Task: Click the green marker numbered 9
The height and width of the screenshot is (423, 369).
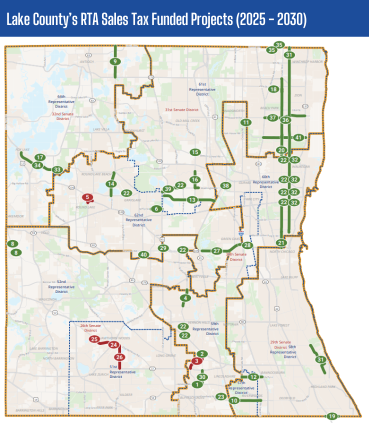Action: pos(115,61)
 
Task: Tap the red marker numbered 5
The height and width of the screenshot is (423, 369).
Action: pos(87,197)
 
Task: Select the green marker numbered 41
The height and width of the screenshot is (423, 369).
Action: pos(298,137)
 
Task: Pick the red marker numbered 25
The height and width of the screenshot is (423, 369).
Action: pos(93,339)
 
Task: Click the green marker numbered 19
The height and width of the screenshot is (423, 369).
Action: pos(332,416)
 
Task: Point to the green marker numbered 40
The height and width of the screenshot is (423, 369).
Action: pos(144,254)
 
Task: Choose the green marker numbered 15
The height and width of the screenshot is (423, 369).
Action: pos(195,152)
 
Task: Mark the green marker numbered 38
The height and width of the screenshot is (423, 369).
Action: pos(226,185)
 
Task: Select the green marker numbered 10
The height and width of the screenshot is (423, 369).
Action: pos(234,400)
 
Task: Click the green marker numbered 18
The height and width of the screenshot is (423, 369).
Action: pos(273,89)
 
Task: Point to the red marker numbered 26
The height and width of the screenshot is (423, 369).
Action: pos(119,357)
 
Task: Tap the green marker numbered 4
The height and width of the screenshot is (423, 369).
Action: pos(186,298)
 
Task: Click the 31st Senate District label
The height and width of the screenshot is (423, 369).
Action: pos(182,109)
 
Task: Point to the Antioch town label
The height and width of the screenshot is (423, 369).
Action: pos(86,62)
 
